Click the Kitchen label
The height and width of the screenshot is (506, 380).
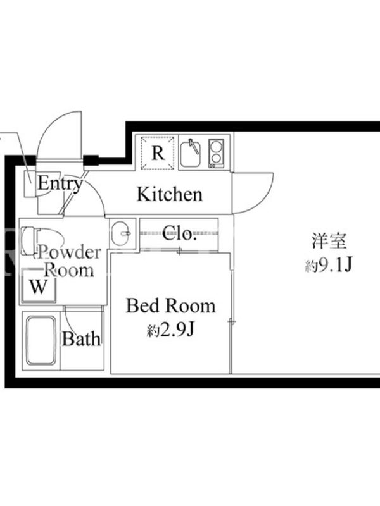point(170,194)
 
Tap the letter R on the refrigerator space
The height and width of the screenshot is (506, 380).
point(158,153)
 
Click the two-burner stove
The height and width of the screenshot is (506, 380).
point(216,153)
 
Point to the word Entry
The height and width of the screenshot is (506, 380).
point(60,183)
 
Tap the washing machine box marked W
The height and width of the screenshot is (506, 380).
point(39,287)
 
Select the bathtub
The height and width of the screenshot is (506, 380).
point(41,340)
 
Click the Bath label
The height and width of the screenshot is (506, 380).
point(81,338)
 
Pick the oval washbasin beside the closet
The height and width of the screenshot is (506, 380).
point(121,233)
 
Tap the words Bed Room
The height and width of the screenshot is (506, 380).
point(170,305)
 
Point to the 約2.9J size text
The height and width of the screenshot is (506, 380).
point(170,330)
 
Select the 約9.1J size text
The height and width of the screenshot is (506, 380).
point(328,266)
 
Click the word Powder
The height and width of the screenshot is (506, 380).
point(69,252)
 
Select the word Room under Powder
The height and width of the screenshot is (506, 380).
point(69,270)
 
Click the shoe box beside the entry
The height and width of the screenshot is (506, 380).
point(31,183)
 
